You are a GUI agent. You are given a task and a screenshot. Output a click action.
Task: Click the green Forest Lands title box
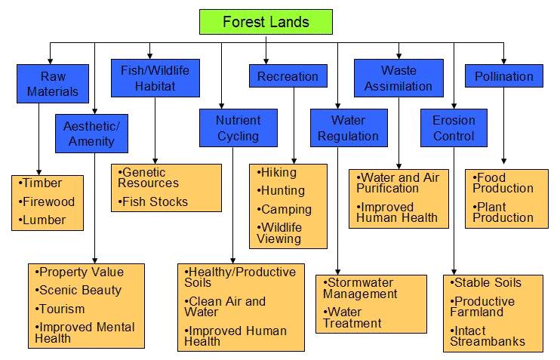(266, 22)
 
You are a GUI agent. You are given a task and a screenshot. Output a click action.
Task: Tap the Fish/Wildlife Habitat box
(155, 78)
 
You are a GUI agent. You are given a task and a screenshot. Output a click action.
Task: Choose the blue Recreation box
(288, 76)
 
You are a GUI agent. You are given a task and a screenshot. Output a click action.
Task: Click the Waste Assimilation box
(398, 78)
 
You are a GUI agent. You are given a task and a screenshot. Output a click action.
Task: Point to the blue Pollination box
(504, 76)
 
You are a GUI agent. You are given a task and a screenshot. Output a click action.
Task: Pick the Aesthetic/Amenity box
(91, 133)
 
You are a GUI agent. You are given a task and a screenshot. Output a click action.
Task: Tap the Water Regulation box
(348, 128)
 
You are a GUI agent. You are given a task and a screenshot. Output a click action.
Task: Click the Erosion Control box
(454, 128)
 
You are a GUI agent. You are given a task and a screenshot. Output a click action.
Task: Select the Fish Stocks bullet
(155, 202)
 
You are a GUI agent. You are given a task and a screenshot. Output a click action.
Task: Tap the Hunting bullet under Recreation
(282, 190)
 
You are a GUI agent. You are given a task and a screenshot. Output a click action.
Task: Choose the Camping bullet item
(285, 209)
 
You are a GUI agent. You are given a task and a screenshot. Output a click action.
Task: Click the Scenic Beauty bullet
(79, 290)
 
